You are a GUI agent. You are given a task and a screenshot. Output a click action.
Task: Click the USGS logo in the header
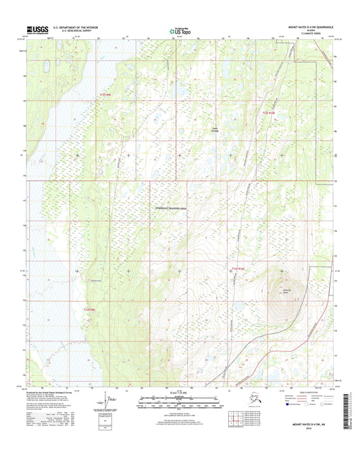tap(36, 30)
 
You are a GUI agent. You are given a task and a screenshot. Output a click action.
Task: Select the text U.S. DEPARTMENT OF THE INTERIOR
tap(74, 28)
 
